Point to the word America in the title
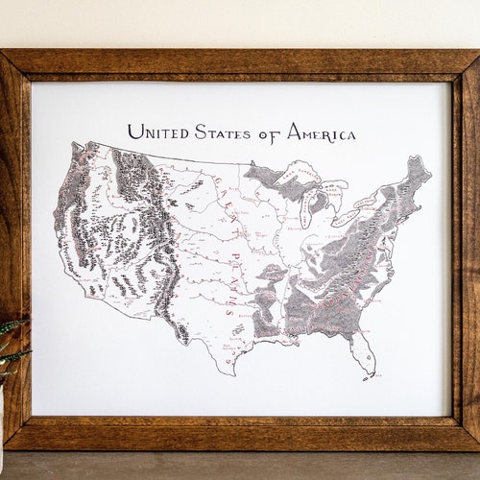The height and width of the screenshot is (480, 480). (320, 132)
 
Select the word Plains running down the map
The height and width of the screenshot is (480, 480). (224, 278)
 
